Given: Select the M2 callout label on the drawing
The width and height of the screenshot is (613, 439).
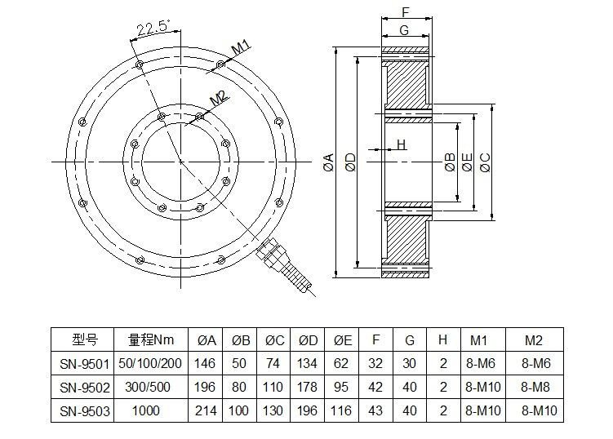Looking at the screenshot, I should coord(218,98).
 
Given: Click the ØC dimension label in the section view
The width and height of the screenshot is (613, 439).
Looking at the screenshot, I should coord(486,161).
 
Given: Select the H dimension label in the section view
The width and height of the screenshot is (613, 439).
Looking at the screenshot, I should coord(401,144).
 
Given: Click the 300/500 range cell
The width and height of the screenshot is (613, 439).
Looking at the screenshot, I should coord(152,387).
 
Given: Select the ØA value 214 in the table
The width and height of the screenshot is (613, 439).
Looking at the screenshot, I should coord(207,411).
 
